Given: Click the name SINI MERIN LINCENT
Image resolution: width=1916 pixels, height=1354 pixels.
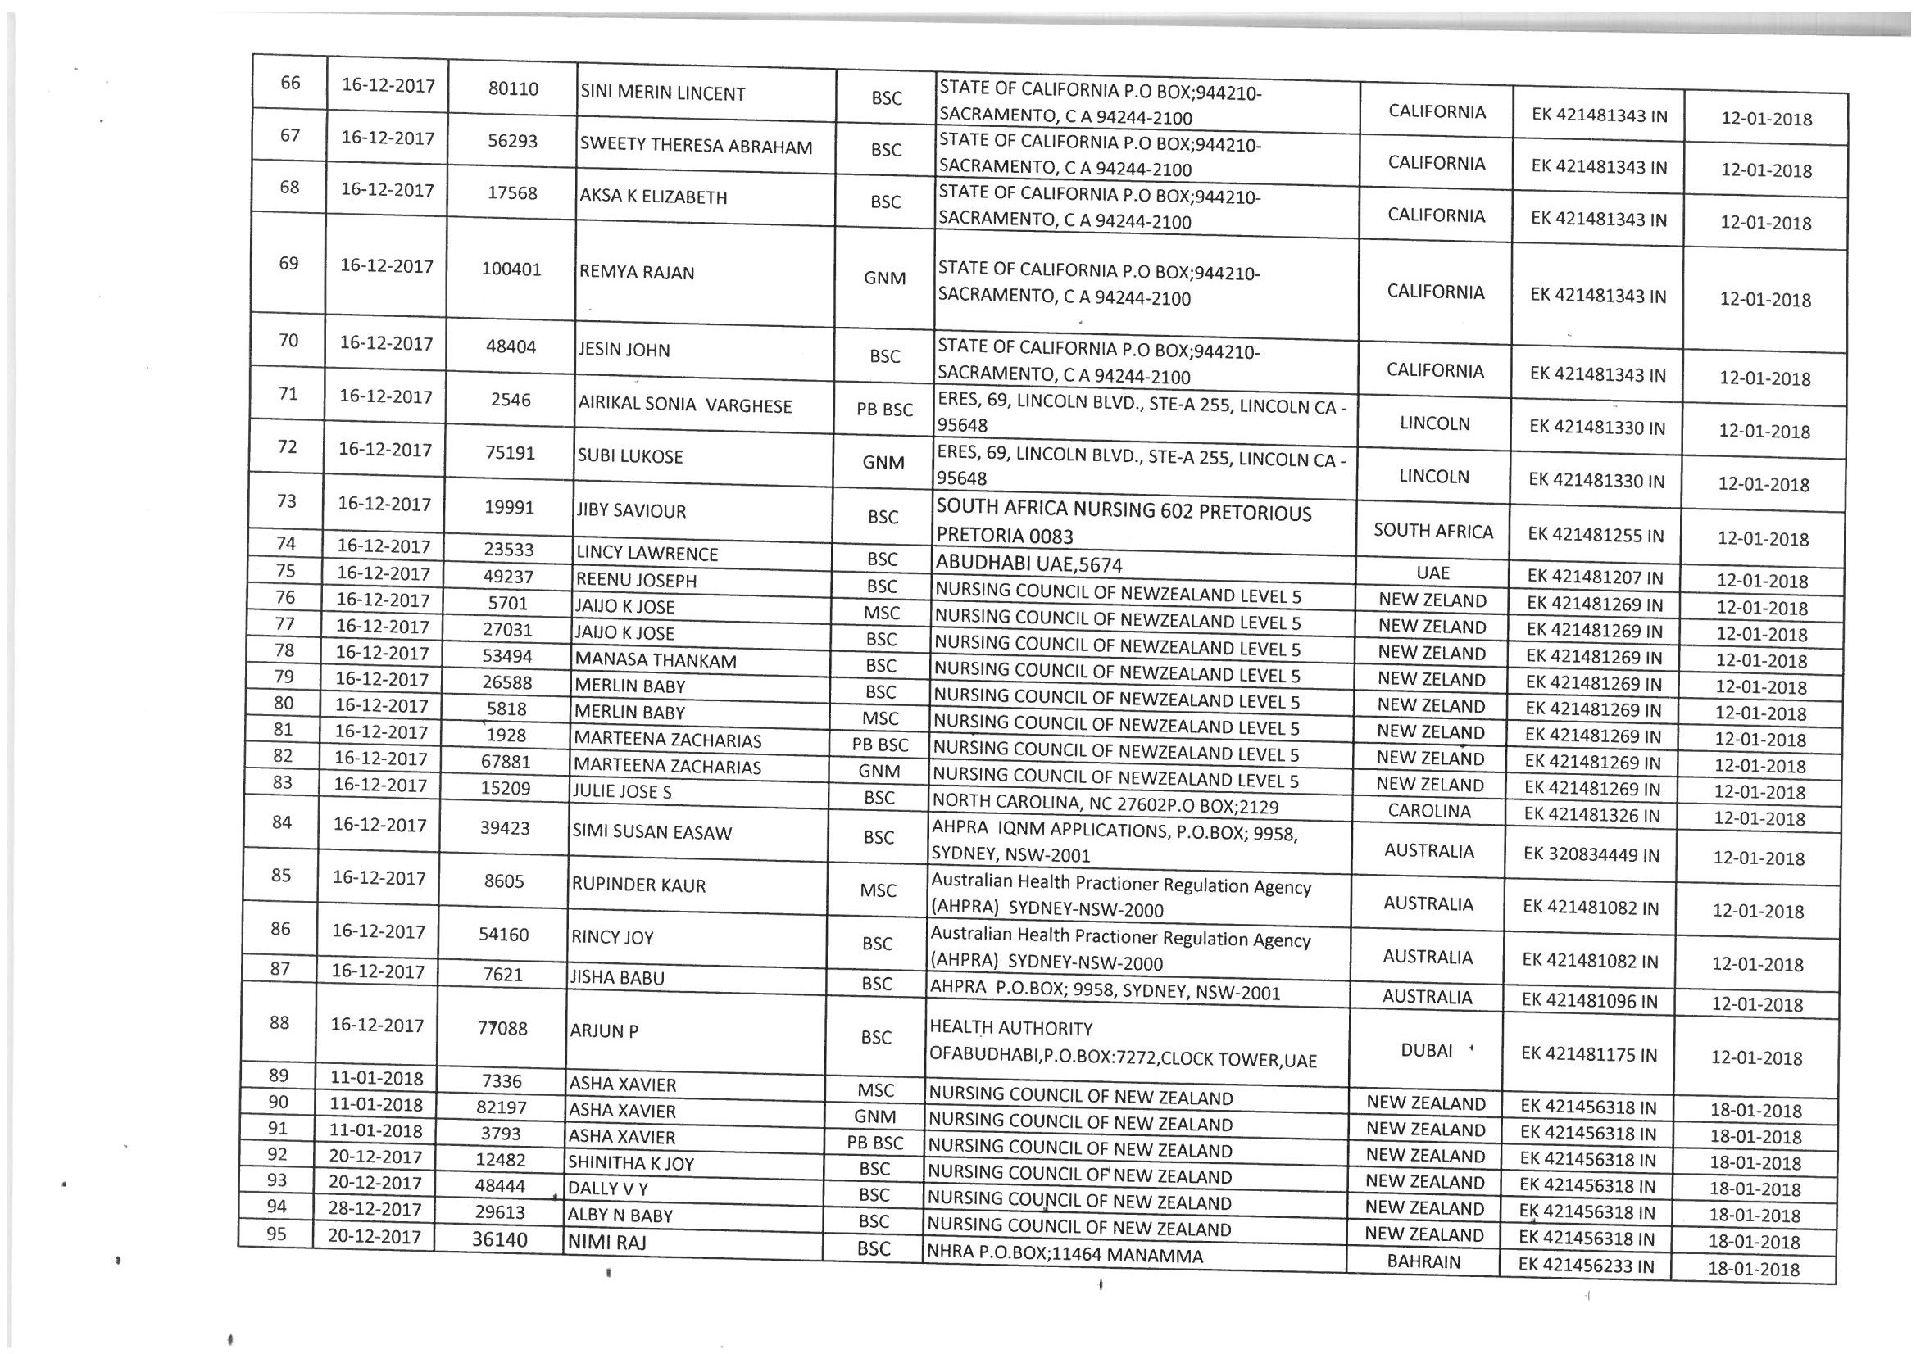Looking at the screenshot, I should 662,93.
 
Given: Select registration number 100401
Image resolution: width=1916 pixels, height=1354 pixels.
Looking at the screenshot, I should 511,269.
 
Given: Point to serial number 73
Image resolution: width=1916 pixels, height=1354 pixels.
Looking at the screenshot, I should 286,500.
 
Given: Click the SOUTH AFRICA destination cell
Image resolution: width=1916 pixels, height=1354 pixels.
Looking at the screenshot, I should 1432,532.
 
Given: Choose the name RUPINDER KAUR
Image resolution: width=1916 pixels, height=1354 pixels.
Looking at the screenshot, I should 638,885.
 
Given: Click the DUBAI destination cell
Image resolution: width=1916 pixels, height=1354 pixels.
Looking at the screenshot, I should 1427,1050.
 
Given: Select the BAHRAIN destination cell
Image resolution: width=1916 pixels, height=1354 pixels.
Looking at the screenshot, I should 1423,1261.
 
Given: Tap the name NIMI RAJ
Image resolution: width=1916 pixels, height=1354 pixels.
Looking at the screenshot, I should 606,1243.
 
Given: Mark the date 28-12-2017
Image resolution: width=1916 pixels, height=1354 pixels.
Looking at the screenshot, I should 375,1209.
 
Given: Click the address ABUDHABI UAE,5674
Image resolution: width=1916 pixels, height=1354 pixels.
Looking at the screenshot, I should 1029,564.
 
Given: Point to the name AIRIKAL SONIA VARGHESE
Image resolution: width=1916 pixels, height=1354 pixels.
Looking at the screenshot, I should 684,405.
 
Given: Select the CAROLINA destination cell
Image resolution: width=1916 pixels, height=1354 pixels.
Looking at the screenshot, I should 1429,811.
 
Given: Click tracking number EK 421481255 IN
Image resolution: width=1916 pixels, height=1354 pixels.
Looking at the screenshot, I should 1596,535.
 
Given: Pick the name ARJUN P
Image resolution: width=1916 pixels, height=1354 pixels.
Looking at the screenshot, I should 603,1031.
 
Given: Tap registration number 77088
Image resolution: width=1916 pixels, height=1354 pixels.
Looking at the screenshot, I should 502,1029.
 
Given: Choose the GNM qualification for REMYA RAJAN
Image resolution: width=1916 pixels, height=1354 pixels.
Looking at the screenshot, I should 884,278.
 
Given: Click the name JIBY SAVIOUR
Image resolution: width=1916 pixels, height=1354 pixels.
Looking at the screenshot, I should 631,510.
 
